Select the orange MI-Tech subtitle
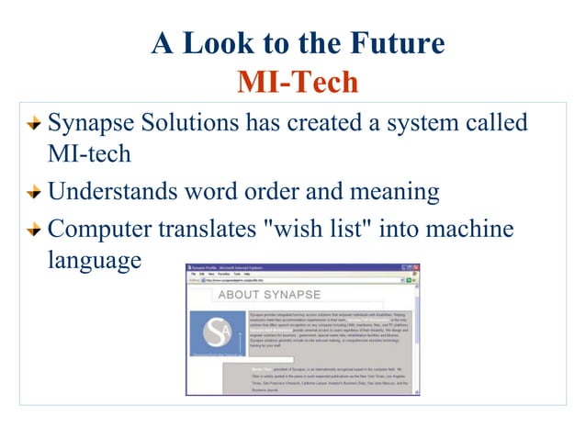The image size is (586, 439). (297, 83)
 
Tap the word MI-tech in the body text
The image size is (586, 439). (89, 154)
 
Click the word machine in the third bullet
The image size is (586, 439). (463, 228)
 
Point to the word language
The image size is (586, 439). (95, 262)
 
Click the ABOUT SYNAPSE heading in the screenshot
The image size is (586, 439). (269, 295)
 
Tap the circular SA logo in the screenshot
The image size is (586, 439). (218, 331)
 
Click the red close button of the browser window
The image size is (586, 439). (416, 267)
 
